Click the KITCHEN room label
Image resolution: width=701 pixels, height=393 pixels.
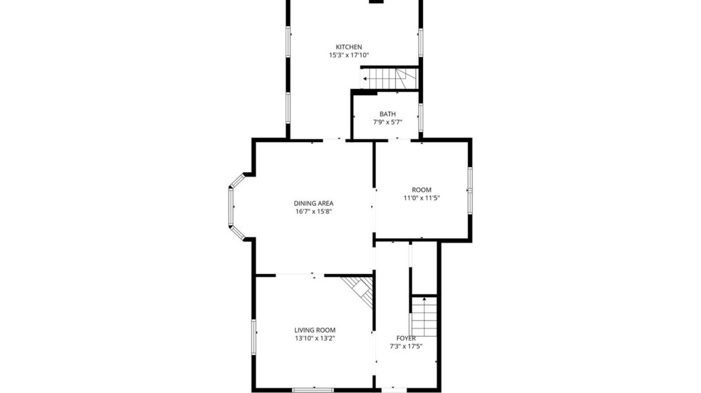pyautogui.click(x=349, y=47)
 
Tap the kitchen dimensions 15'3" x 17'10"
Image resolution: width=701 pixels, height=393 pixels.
pyautogui.click(x=349, y=56)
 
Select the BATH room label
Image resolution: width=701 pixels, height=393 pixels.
pyautogui.click(x=388, y=114)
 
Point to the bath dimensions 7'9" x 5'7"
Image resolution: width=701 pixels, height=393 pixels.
pyautogui.click(x=388, y=122)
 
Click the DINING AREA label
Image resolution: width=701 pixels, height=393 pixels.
pyautogui.click(x=313, y=203)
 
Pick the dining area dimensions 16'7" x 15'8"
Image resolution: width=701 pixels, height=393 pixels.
pyautogui.click(x=313, y=212)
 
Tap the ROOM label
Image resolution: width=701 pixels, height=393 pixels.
pyautogui.click(x=422, y=190)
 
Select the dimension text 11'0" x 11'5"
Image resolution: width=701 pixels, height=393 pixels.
pyautogui.click(x=422, y=198)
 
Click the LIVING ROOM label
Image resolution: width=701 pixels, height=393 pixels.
pyautogui.click(x=315, y=330)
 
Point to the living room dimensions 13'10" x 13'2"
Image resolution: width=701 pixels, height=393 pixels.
pyautogui.click(x=315, y=339)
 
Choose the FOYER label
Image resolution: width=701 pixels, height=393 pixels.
pyautogui.click(x=406, y=338)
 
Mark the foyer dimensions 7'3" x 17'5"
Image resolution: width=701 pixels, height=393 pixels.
pyautogui.click(x=406, y=346)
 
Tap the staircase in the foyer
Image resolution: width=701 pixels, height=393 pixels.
pyautogui.click(x=424, y=316)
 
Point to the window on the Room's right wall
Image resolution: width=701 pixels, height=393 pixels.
pyautogui.click(x=469, y=190)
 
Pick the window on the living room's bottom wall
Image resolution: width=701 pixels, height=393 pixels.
pyautogui.click(x=313, y=389)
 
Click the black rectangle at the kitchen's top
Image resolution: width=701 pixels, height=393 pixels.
pyautogui.click(x=376, y=2)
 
